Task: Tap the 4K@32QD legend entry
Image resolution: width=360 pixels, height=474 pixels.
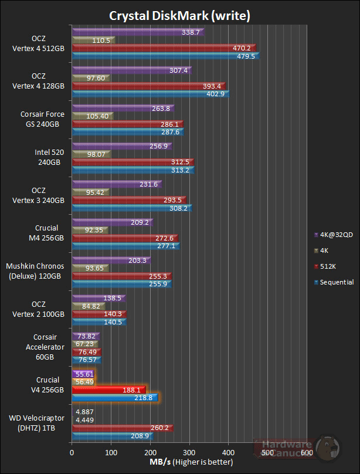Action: [x=335, y=234]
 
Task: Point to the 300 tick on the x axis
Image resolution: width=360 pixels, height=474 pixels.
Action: [x=189, y=452]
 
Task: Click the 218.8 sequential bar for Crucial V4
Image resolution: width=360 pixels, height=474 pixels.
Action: [x=114, y=397]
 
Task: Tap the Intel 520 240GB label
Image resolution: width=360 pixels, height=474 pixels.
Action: [x=49, y=157]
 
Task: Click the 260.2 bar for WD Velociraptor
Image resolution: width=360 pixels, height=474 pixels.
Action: [x=122, y=428]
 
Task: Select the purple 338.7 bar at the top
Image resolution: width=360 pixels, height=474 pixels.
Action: [x=137, y=32]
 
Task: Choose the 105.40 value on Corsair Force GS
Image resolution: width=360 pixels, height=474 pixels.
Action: [x=92, y=116]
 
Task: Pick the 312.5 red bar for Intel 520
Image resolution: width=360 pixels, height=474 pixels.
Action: [x=133, y=162]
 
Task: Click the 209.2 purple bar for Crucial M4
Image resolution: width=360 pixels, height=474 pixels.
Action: [x=112, y=222]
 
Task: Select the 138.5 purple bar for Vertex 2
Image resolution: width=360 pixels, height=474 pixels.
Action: [x=99, y=299]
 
